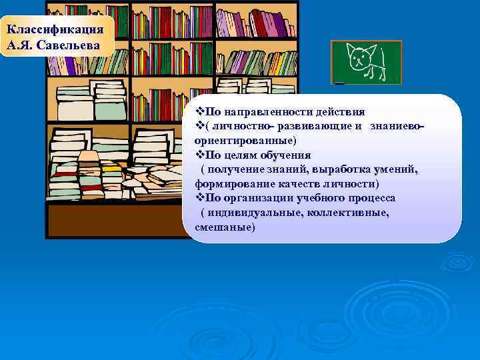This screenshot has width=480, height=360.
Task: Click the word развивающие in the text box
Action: (x=317, y=127)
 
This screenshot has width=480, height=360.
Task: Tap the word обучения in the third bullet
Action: (x=283, y=155)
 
